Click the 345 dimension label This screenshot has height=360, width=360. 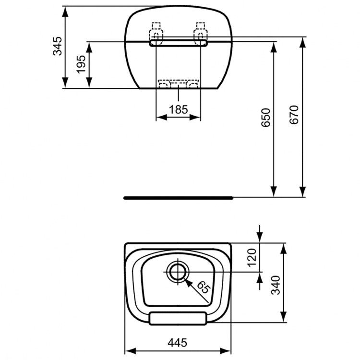58,47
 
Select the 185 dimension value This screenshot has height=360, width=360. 179,109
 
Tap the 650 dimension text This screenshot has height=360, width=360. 267,118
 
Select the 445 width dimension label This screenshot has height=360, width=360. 178,342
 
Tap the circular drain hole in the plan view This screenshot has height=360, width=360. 178,272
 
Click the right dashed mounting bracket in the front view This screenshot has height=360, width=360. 200,31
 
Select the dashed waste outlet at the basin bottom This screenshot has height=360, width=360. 179,84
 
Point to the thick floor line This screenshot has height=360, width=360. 178,197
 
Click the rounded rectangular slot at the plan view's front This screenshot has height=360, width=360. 178,318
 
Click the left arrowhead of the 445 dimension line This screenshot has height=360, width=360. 129,350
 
